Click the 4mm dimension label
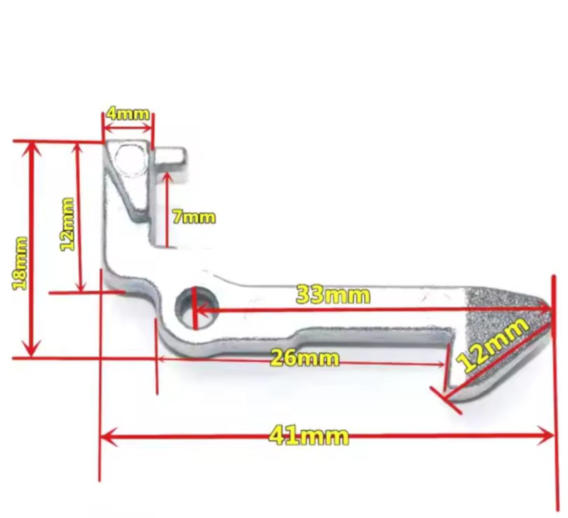tap(128, 114)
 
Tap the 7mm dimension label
tap(194, 217)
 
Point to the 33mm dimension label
tap(333, 295)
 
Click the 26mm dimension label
tap(304, 358)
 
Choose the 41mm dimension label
tap(309, 435)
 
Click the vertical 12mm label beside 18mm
tap(67, 224)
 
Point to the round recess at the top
tap(130, 159)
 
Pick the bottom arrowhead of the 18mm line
tap(32, 351)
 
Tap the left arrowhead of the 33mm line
tap(199, 311)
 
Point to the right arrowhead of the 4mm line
tap(149, 128)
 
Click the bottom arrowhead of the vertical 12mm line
tap(81, 287)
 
